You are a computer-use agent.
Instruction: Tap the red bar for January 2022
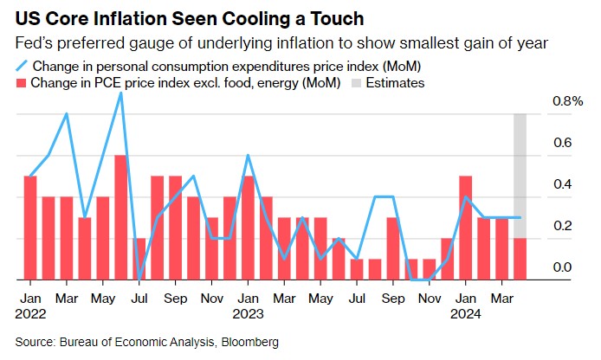(x=30, y=228)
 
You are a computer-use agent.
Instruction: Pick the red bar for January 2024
(x=465, y=228)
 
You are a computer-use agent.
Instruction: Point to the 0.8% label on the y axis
(x=567, y=101)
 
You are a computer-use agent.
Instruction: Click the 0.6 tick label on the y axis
(x=564, y=143)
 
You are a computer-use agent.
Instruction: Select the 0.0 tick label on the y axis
(x=564, y=267)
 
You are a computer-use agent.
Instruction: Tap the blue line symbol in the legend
(x=20, y=66)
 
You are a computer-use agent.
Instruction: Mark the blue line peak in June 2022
(x=121, y=93)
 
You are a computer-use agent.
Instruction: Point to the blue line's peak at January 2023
(x=248, y=156)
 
